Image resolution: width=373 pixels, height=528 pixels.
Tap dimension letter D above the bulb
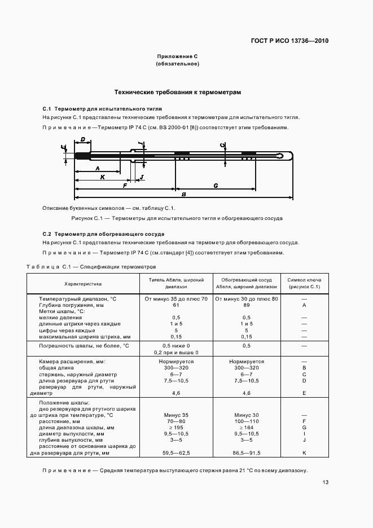82,139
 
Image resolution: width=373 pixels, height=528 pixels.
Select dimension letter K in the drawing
102,177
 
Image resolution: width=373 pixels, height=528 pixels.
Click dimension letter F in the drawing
124,185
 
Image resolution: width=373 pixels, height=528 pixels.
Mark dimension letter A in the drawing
97,168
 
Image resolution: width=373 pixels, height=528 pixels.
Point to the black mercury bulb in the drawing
82,155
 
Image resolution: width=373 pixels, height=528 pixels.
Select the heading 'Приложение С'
177,56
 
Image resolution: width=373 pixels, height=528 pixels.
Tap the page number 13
326,482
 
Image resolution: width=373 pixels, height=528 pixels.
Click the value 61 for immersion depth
176,305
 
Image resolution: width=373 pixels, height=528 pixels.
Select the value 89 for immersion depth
246,305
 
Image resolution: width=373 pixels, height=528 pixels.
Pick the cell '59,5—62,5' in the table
176,453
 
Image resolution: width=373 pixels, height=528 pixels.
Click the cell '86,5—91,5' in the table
246,453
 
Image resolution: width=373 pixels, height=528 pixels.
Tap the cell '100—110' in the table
246,421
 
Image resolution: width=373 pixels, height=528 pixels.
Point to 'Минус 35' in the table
176,415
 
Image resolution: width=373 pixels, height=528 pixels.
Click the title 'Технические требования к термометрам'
177,92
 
